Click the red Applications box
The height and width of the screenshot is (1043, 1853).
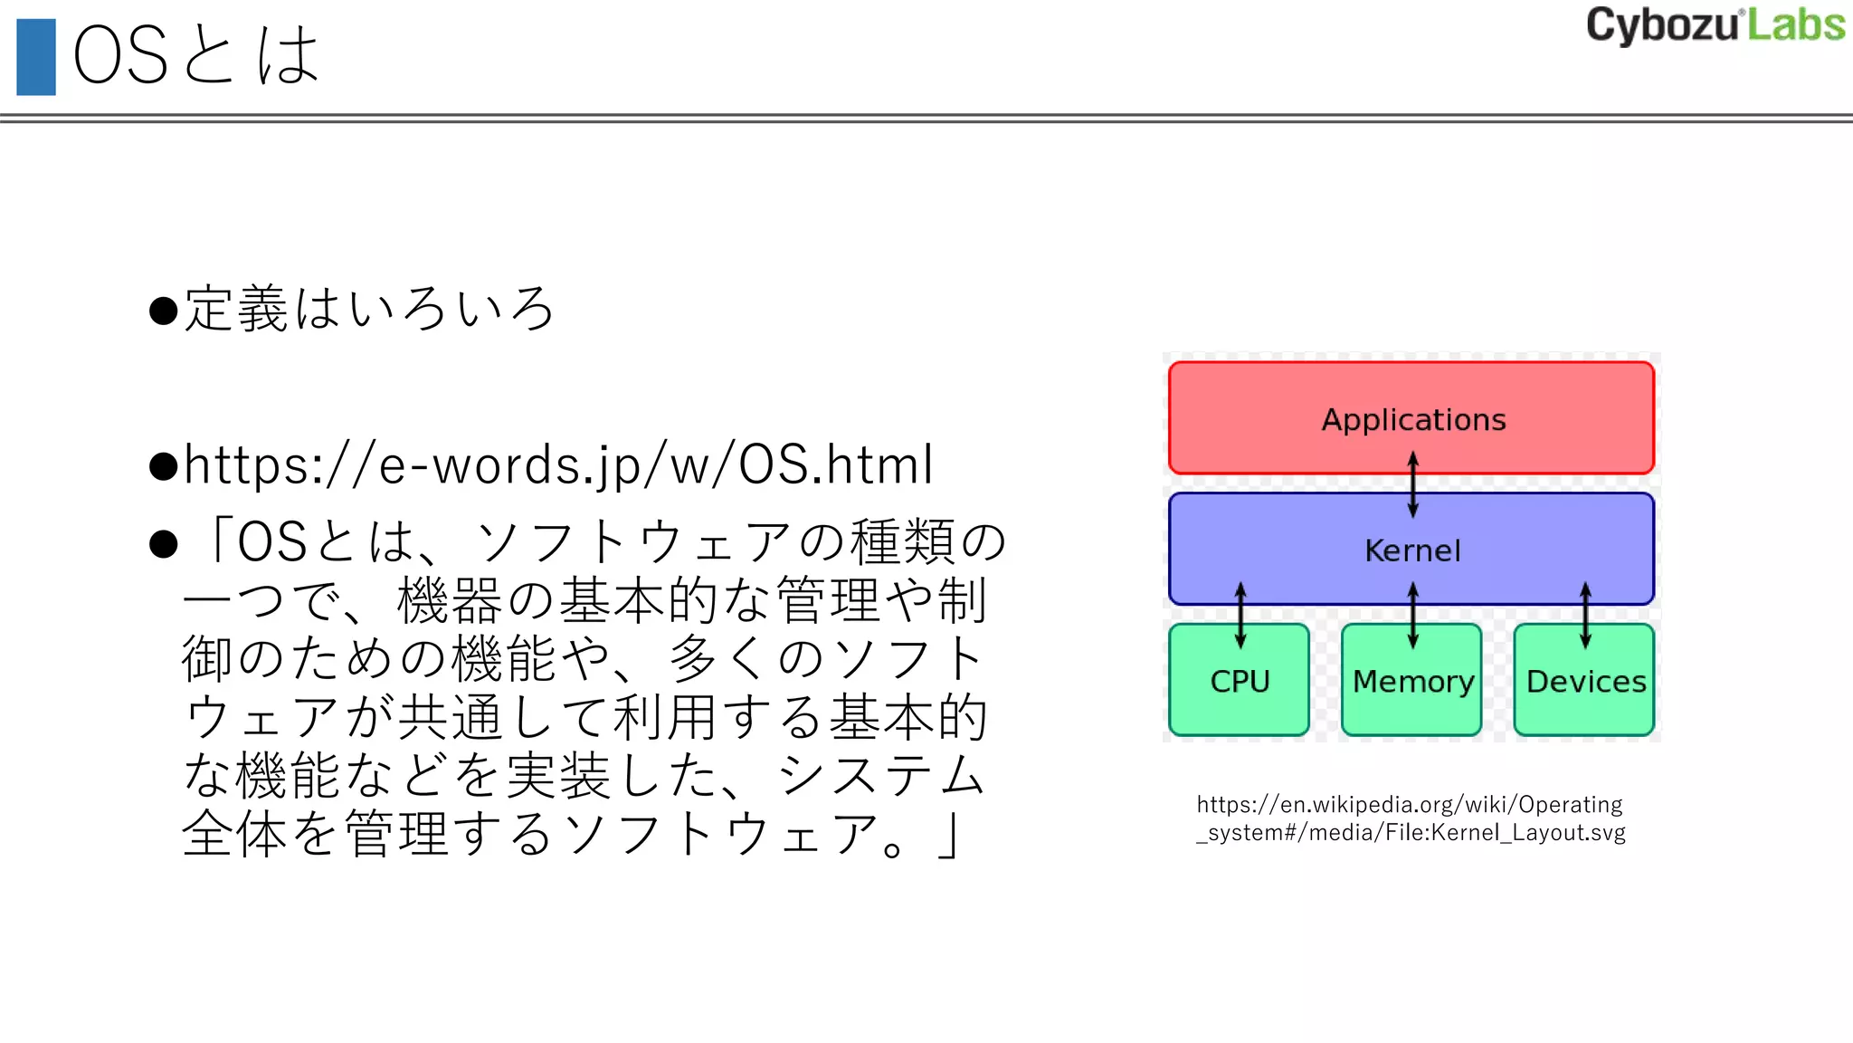(x=1411, y=398)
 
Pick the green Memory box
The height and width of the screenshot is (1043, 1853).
(x=1411, y=697)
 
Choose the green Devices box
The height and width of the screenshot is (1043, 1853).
(x=1584, y=697)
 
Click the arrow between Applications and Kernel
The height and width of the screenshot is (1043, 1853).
(x=1413, y=484)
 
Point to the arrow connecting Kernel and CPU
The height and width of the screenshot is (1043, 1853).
(x=1240, y=615)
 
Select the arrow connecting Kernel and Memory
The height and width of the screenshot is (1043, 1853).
(x=1413, y=615)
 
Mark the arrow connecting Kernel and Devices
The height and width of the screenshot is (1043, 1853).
(x=1585, y=615)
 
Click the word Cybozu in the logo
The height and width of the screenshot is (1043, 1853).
(x=1661, y=25)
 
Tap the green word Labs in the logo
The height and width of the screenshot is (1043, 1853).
(x=1796, y=25)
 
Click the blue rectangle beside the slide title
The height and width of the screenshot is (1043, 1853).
(x=36, y=57)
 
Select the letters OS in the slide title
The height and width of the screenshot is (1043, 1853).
(x=120, y=56)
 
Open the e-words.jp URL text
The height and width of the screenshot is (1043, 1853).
(x=558, y=465)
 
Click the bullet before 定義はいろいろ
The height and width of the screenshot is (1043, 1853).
(x=164, y=311)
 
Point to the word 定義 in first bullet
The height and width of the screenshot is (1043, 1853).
(x=236, y=309)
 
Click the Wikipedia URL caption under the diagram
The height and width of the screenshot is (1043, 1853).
(x=1410, y=818)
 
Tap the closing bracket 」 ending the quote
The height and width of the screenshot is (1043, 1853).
(x=946, y=835)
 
